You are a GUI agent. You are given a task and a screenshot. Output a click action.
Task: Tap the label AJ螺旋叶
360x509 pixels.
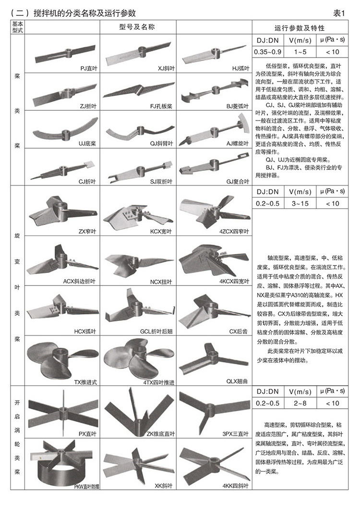[x=238, y=144]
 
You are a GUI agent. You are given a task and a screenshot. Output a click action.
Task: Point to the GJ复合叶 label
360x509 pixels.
[x=238, y=181]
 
